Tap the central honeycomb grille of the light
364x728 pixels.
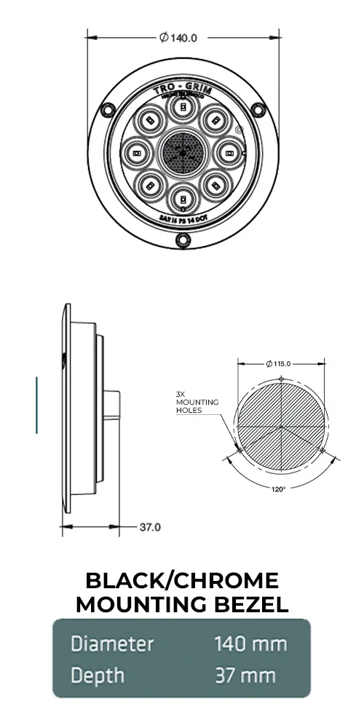pos(182,153)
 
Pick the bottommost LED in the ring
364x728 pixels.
pos(182,198)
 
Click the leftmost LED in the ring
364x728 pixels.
pos(137,153)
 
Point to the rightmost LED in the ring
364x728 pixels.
pos(227,153)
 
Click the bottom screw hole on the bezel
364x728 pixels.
pos(182,241)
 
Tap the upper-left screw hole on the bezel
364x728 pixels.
pos(107,110)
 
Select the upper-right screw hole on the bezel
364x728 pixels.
pos(257,110)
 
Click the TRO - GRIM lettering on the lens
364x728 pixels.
pos(182,89)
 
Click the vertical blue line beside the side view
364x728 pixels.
pos(36,405)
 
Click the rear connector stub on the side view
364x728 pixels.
pos(111,405)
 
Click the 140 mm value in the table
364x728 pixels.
pos(250,644)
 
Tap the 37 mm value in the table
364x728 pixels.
pos(245,676)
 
